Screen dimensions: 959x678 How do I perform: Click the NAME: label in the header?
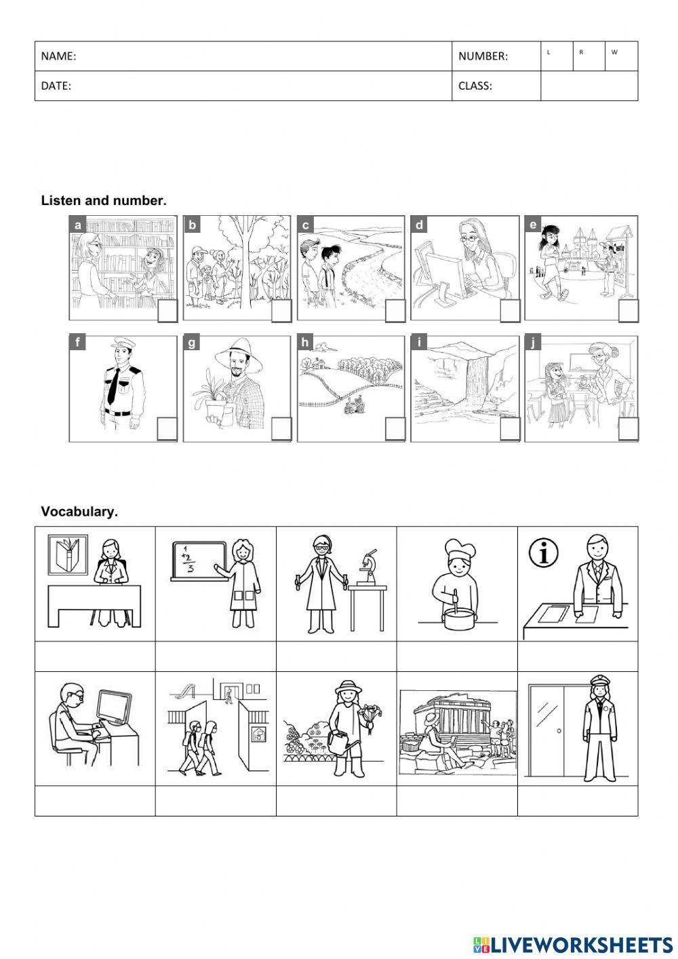pyautogui.click(x=58, y=56)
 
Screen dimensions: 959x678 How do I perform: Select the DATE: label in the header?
pyautogui.click(x=56, y=86)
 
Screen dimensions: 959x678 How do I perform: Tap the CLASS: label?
pyautogui.click(x=475, y=86)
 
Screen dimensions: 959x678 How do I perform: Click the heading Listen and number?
pyautogui.click(x=104, y=200)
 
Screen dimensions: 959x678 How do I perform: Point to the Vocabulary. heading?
pyautogui.click(x=79, y=512)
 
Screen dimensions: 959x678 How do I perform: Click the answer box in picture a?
pyautogui.click(x=167, y=312)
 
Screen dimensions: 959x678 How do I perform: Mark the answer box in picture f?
pyautogui.click(x=167, y=430)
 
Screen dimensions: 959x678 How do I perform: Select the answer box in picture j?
pyautogui.click(x=629, y=430)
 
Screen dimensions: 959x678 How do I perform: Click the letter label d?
pyautogui.click(x=420, y=225)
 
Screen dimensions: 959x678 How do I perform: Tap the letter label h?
pyautogui.click(x=305, y=343)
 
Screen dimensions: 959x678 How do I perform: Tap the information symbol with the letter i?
pyautogui.click(x=543, y=553)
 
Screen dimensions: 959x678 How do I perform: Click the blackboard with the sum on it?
pyautogui.click(x=197, y=561)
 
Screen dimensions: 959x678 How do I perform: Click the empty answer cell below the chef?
pyautogui.click(x=457, y=656)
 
